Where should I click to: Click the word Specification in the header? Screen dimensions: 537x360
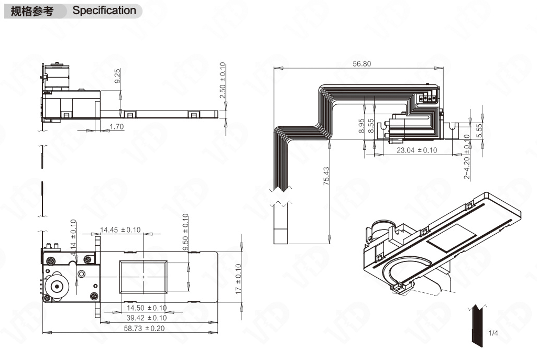pyautogui.click(x=104, y=10)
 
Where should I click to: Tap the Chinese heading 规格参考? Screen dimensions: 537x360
pyautogui.click(x=32, y=12)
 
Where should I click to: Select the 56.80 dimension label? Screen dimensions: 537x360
pyautogui.click(x=361, y=64)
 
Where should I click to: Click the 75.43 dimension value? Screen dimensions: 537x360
pyautogui.click(x=326, y=176)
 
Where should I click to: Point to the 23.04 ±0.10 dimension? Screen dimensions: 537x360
pyautogui.click(x=417, y=150)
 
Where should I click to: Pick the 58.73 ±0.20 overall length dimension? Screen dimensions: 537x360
pyautogui.click(x=144, y=328)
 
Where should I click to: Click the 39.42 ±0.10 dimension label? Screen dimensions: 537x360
pyautogui.click(x=147, y=318)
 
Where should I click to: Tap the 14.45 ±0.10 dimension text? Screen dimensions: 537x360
pyautogui.click(x=120, y=230)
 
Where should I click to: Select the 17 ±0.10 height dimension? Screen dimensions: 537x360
pyautogui.click(x=239, y=279)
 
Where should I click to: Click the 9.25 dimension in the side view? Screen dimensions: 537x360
pyautogui.click(x=117, y=75)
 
